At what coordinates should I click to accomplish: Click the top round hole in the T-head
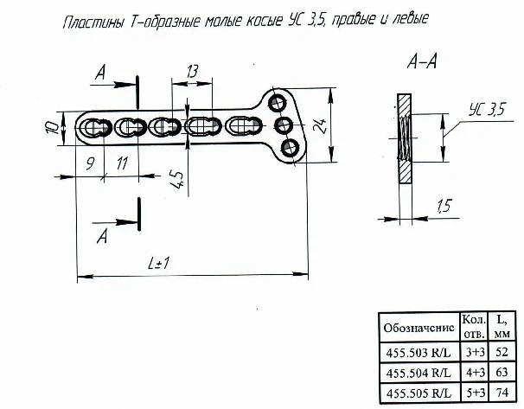277,103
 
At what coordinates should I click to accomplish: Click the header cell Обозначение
417,329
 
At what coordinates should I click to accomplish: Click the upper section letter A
102,77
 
